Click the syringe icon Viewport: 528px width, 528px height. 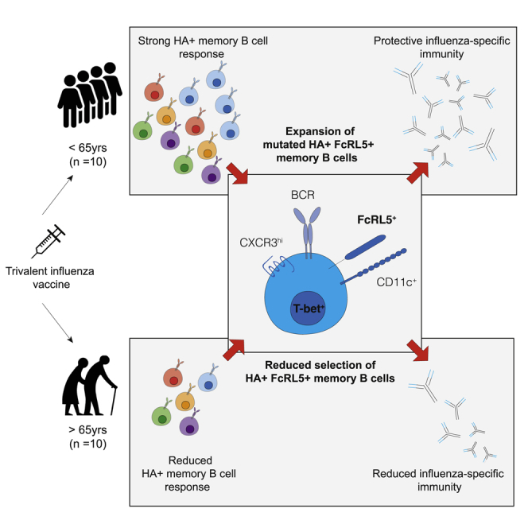click(x=49, y=242)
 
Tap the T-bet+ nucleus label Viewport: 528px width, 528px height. click(x=309, y=309)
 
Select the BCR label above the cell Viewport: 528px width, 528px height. click(x=303, y=195)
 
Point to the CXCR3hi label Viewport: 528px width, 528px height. click(x=261, y=242)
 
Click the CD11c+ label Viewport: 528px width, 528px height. click(x=396, y=282)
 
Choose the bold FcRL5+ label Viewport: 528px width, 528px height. click(x=376, y=220)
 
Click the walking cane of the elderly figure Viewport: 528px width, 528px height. click(x=114, y=401)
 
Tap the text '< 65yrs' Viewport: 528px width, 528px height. click(x=87, y=148)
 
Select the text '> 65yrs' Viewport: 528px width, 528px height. click(x=87, y=429)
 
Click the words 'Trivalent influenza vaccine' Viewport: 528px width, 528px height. click(x=50, y=278)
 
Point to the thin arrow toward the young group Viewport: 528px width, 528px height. click(x=57, y=195)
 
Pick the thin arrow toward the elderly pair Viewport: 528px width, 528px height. click(x=57, y=323)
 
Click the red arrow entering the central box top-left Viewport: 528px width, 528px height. click(x=238, y=174)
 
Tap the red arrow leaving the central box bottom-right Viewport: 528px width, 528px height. click(x=417, y=351)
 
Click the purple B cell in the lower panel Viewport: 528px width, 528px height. click(x=189, y=425)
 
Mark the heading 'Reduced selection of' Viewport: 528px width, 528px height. click(x=320, y=365)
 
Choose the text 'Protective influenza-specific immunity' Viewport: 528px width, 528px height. click(x=441, y=47)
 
